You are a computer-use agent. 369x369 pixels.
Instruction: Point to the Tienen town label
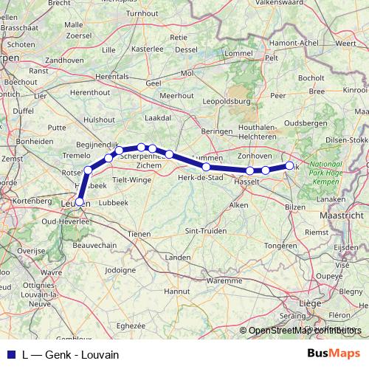coord(139,233)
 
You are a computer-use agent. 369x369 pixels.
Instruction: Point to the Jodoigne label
coord(121,270)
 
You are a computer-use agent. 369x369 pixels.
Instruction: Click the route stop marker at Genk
coord(290,165)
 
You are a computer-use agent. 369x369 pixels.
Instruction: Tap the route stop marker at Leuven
coord(80,201)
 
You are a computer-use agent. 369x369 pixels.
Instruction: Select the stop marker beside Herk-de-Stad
coord(206,167)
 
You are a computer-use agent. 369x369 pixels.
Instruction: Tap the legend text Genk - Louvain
coord(82,354)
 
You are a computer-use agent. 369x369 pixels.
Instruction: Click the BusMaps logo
coord(333,354)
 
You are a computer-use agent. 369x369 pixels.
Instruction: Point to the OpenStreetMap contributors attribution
coord(305,331)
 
